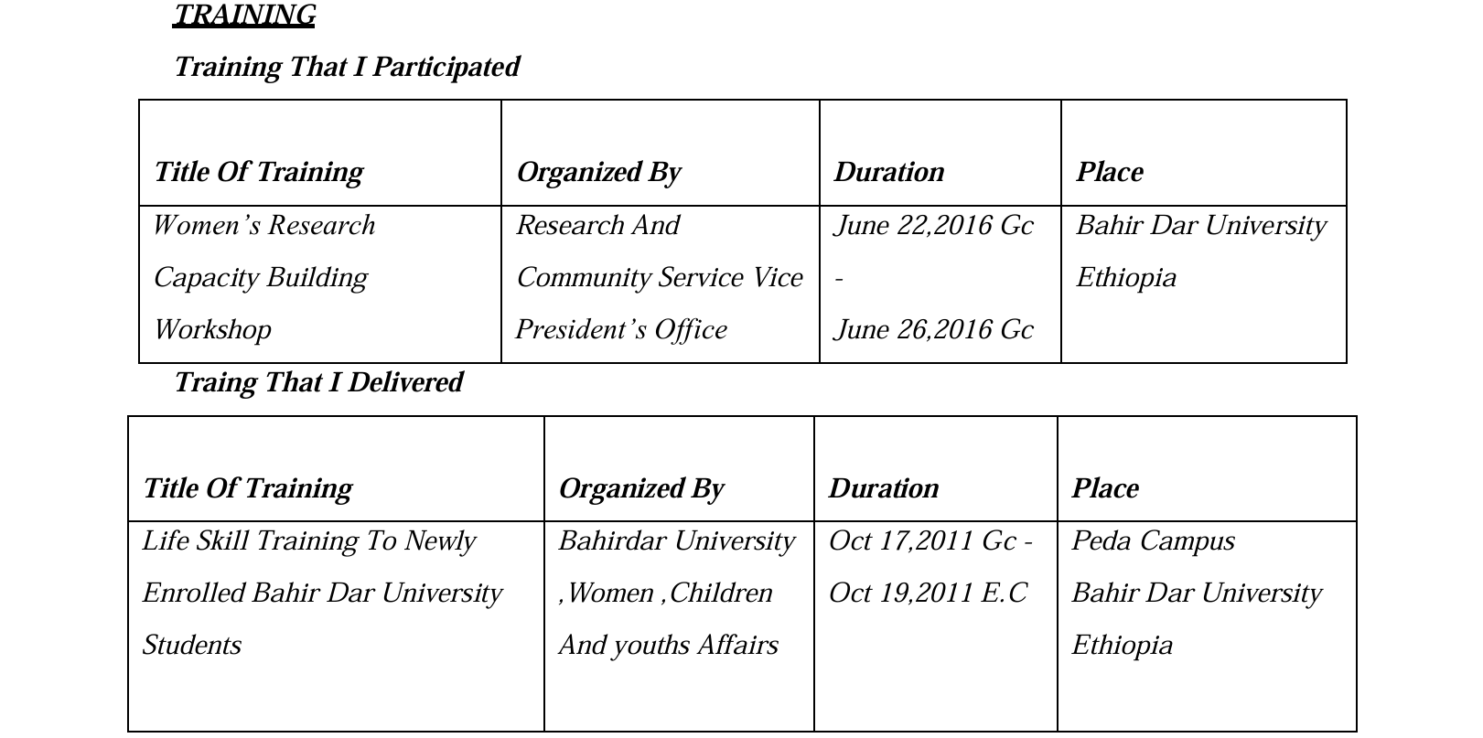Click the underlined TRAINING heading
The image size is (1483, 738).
pos(244,16)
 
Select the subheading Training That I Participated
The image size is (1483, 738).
pos(347,67)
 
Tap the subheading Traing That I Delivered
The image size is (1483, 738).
pos(318,382)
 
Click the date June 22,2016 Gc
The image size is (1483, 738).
pos(933,226)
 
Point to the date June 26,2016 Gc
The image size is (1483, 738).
pos(933,330)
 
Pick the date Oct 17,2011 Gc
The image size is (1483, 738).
pos(922,541)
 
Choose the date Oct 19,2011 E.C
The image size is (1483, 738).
pos(928,594)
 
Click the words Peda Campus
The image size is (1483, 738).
pos(1153,541)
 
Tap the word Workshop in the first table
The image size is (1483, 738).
pos(212,330)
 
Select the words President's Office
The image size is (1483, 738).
pos(621,330)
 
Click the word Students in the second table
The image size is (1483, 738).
pos(192,646)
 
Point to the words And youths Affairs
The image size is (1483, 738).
pos(668,646)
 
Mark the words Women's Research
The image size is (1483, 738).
pos(263,226)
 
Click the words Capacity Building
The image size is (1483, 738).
pos(261,278)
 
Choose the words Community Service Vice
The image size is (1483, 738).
pos(660,278)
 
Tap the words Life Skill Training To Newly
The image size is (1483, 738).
pos(308,541)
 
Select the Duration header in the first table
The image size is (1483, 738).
pos(888,173)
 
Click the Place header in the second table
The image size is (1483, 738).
pos(1105,488)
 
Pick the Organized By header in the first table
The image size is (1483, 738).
pos(598,173)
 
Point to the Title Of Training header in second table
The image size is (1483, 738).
pos(248,488)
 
